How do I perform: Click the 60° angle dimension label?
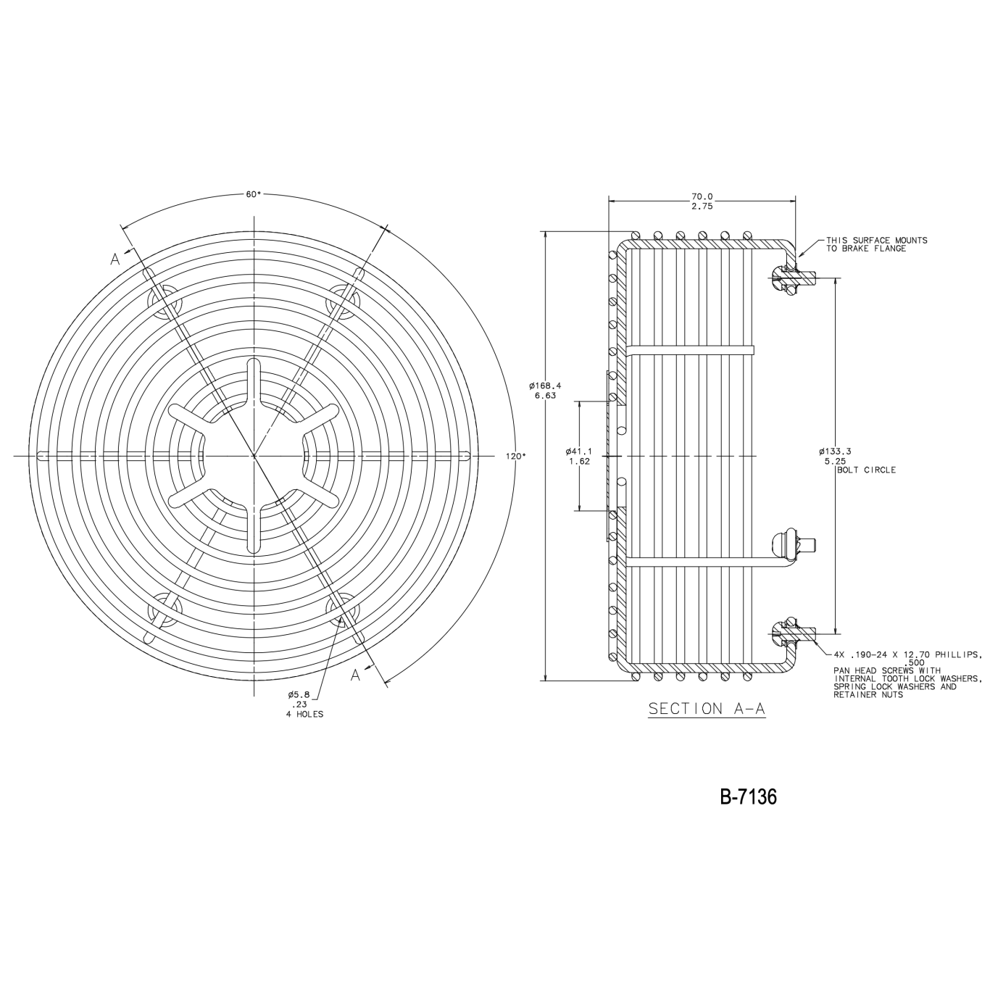pyautogui.click(x=253, y=195)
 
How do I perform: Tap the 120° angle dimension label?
pyautogui.click(x=516, y=456)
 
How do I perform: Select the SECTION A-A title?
pyautogui.click(x=707, y=709)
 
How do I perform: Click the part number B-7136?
pyautogui.click(x=749, y=796)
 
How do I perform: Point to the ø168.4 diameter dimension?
pyautogui.click(x=545, y=386)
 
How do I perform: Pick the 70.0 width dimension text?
pyautogui.click(x=702, y=196)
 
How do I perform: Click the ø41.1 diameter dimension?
pyautogui.click(x=579, y=451)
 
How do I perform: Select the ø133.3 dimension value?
pyautogui.click(x=836, y=451)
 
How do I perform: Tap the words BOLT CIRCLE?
pyautogui.click(x=866, y=470)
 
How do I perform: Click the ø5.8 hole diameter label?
pyautogui.click(x=299, y=694)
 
